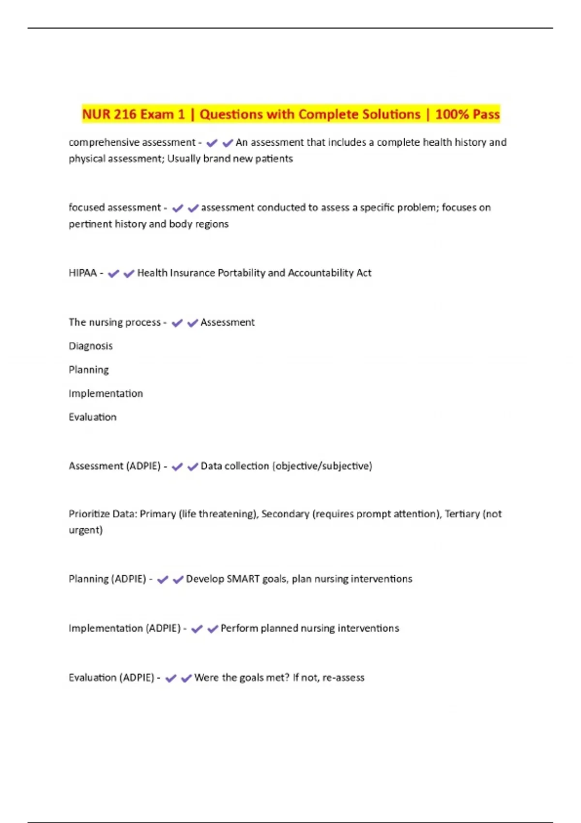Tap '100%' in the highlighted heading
[452, 114]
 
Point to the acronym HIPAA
[83, 273]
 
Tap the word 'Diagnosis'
[91, 346]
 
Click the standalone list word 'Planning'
[89, 370]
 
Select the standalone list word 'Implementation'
[106, 394]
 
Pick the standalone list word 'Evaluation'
[92, 417]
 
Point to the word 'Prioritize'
[89, 514]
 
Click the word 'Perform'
[239, 628]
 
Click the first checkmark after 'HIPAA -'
[113, 274]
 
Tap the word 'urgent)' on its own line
[86, 530]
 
